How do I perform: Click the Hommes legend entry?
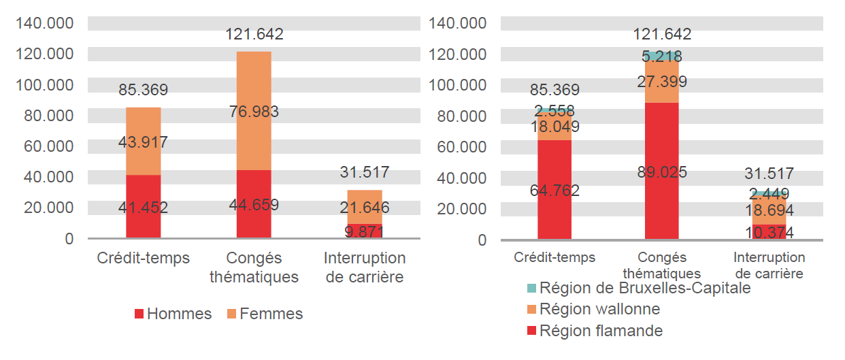[173, 314]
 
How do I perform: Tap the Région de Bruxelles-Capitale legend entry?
[637, 288]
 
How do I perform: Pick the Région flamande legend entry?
[594, 331]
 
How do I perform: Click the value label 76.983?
[253, 112]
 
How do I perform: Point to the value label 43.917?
[143, 142]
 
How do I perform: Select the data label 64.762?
[554, 191]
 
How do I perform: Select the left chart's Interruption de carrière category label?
[364, 267]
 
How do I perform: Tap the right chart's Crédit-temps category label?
[554, 257]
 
